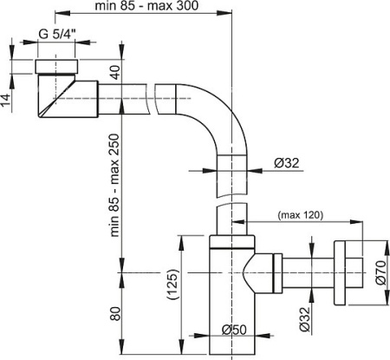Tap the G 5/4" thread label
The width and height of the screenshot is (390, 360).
tap(56, 36)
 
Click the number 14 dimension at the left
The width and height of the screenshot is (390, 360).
tap(7, 99)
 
